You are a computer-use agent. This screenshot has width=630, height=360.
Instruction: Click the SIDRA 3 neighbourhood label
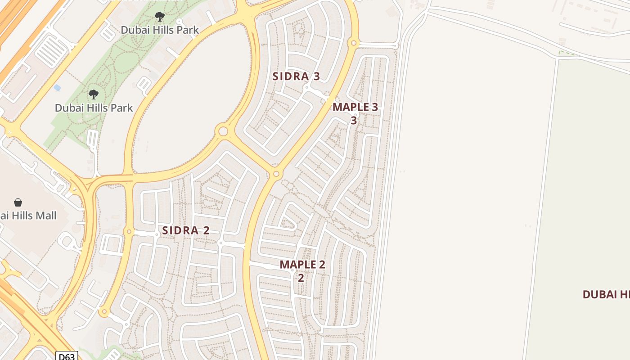point(296,76)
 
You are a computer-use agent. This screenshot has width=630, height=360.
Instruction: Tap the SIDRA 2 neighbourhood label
point(186,230)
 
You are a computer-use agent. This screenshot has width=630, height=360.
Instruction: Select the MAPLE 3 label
point(355,107)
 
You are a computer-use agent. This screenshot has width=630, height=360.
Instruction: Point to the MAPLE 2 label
point(302,264)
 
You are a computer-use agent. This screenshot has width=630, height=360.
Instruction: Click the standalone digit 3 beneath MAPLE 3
point(354,121)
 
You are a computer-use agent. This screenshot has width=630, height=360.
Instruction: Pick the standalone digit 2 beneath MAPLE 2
point(301,278)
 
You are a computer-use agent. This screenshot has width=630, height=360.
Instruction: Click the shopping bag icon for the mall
point(18,202)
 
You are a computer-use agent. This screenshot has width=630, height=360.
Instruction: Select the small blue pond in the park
point(57,87)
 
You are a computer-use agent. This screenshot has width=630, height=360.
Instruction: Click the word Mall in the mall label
point(45,216)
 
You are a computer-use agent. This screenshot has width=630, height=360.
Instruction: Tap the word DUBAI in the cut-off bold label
point(599,295)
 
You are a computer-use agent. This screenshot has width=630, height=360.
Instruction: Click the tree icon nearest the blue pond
point(94,94)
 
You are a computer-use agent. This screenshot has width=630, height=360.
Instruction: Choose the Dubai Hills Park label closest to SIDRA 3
point(160,30)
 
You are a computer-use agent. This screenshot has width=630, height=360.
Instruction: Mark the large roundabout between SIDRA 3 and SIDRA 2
point(222,131)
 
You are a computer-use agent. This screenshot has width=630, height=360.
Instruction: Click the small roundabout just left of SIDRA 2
point(129,232)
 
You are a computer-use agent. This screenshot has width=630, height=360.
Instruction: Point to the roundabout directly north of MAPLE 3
point(354,43)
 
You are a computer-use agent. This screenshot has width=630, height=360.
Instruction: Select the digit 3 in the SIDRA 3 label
point(316,76)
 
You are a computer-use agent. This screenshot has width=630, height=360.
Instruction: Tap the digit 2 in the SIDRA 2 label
point(206,230)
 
